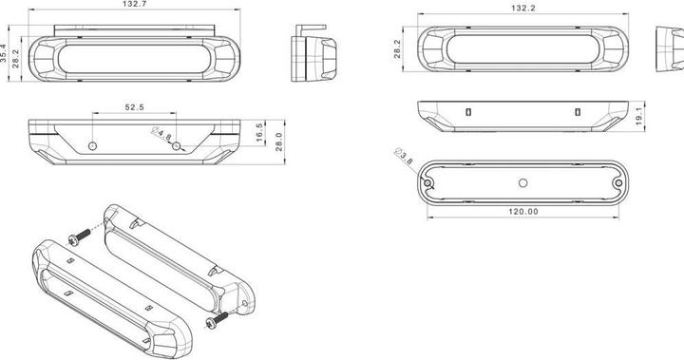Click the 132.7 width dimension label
coord(135,4)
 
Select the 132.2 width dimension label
coord(523,9)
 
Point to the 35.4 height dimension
coord(4,53)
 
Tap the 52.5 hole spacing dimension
coord(134,107)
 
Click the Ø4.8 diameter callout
coord(161,134)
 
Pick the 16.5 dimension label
coord(259,132)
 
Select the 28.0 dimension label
coord(278,142)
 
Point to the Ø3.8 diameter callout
coord(404,156)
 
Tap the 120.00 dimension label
coord(523,212)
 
